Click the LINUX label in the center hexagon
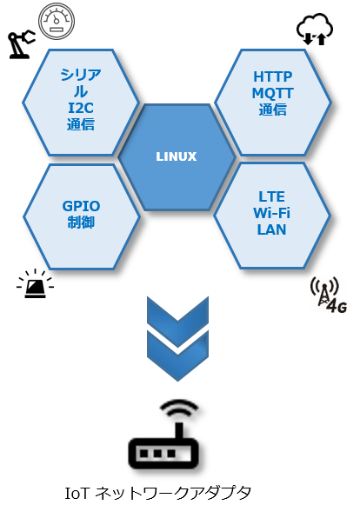pos(176,156)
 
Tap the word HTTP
pos(273,76)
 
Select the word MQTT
pos(273,93)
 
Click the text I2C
pos(81,108)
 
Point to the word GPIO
pos(81,206)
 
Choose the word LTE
pos(271,196)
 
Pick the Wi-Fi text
pos(271,213)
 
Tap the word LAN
pos(271,230)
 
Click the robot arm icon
pos(21,44)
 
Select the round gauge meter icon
pos(57,21)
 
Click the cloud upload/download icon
pos(315,29)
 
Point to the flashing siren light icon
pos(35,283)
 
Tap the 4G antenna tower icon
pos(329,295)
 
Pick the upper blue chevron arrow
pos(177,317)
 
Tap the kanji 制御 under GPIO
pos(81,223)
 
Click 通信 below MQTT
pos(273,110)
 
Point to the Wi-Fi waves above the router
pos(179,409)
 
